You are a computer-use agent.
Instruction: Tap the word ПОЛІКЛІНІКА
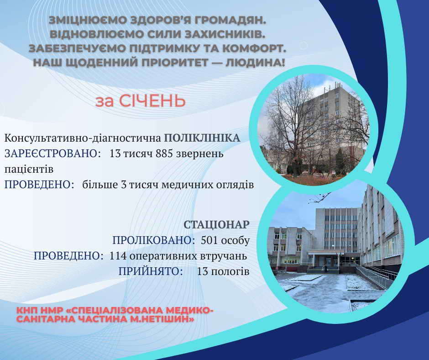point(201,138)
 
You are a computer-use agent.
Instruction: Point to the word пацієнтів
point(29,169)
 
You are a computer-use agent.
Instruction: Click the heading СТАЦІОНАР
point(217,225)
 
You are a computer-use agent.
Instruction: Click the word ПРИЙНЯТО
point(151,271)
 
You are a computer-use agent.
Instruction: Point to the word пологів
point(230,271)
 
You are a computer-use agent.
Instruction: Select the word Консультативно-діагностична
point(83,138)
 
